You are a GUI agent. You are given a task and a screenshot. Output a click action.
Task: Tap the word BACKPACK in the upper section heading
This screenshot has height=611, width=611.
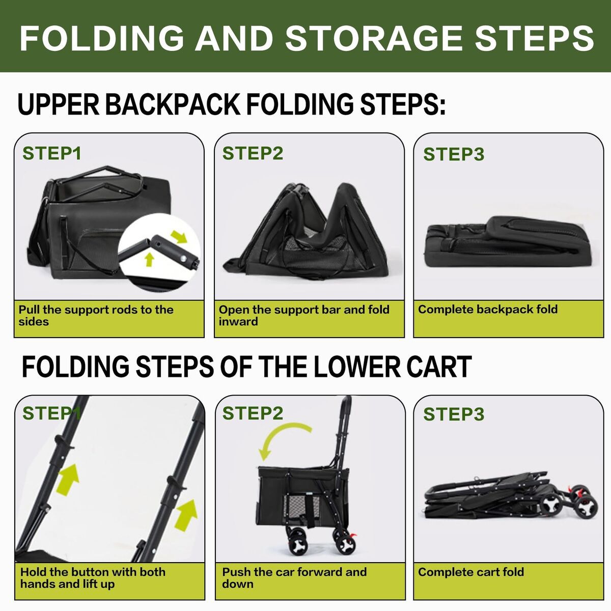pyautogui.click(x=172, y=104)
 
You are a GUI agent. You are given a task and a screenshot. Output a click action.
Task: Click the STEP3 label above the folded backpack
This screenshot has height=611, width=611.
pyautogui.click(x=454, y=154)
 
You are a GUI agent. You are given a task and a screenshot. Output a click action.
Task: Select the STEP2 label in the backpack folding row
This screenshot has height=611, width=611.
pyautogui.click(x=253, y=153)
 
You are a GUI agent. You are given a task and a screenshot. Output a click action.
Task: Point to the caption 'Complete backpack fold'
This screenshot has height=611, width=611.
pyautogui.click(x=488, y=309)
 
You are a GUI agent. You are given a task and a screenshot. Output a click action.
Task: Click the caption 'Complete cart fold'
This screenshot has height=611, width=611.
pyautogui.click(x=471, y=572)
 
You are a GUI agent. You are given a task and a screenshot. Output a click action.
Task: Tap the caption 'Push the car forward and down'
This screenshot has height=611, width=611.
pyautogui.click(x=294, y=578)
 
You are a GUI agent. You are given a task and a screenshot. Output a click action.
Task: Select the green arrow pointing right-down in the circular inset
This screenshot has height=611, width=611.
pyautogui.click(x=179, y=237)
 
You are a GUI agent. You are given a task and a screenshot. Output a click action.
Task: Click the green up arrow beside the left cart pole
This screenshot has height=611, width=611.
pyautogui.click(x=68, y=480)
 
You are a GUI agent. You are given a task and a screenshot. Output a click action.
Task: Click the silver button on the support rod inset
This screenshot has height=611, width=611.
pyautogui.click(x=183, y=259)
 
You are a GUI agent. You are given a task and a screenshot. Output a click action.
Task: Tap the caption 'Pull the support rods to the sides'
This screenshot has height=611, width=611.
pyautogui.click(x=96, y=315)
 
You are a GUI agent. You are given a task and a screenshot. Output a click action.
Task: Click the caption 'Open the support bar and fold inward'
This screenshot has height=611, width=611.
pyautogui.click(x=304, y=315)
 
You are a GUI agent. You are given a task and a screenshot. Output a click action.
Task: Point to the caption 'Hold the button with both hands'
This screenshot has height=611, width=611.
pyautogui.click(x=93, y=578)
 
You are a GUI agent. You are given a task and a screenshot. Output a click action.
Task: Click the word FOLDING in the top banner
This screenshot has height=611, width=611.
pyautogui.click(x=102, y=38)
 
